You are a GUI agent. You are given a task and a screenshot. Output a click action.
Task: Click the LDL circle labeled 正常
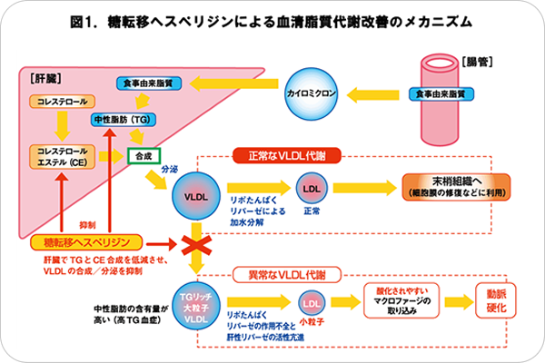310,188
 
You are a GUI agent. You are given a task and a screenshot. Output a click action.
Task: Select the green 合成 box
144,155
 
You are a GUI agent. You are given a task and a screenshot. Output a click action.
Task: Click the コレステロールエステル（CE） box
61,155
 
